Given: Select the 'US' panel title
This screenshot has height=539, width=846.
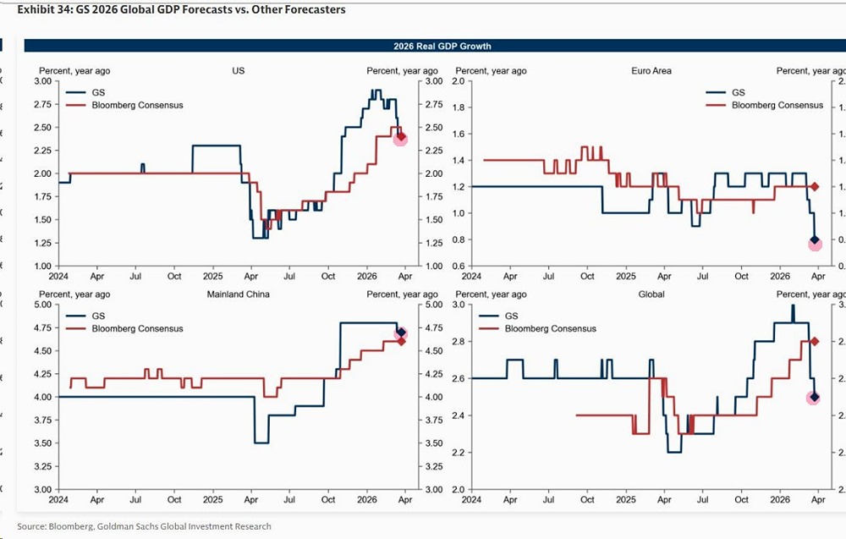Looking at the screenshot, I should (x=239, y=71).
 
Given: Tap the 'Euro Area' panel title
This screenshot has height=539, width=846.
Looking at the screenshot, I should (x=651, y=71).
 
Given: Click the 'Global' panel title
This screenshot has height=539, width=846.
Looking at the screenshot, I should (x=651, y=294).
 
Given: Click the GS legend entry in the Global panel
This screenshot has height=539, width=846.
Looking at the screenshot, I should (x=511, y=316).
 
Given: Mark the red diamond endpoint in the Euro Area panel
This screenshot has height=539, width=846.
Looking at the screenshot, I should (x=815, y=186).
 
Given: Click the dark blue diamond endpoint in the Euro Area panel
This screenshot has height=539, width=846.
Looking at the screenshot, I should (x=815, y=240).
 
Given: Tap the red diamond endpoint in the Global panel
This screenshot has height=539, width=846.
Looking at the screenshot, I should (x=815, y=341).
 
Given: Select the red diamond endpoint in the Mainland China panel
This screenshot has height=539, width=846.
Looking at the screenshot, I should (x=401, y=341).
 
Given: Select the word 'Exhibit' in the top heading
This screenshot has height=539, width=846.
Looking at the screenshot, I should (x=36, y=9).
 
